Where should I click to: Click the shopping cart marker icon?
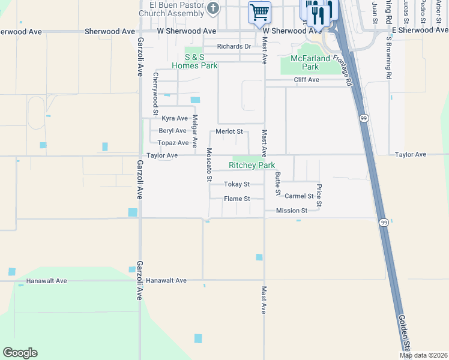[259, 12]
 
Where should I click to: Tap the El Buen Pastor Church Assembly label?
[172, 9]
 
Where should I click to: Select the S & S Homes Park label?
[194, 61]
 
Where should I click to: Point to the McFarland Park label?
[310, 62]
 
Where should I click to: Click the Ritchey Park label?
[252, 165]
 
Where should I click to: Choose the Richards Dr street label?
[234, 46]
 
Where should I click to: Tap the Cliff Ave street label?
[306, 79]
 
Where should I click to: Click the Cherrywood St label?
[155, 94]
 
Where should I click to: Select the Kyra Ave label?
[175, 118]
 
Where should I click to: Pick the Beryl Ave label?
[172, 131]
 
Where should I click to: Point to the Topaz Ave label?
[173, 143]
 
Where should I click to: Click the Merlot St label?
[229, 131]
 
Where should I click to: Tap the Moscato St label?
[209, 164]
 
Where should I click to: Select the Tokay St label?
[237, 184]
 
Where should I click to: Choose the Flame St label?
[237, 199]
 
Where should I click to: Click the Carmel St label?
[299, 196]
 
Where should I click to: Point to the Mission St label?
[292, 211]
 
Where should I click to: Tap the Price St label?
[319, 196]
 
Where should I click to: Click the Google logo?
[20, 353]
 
